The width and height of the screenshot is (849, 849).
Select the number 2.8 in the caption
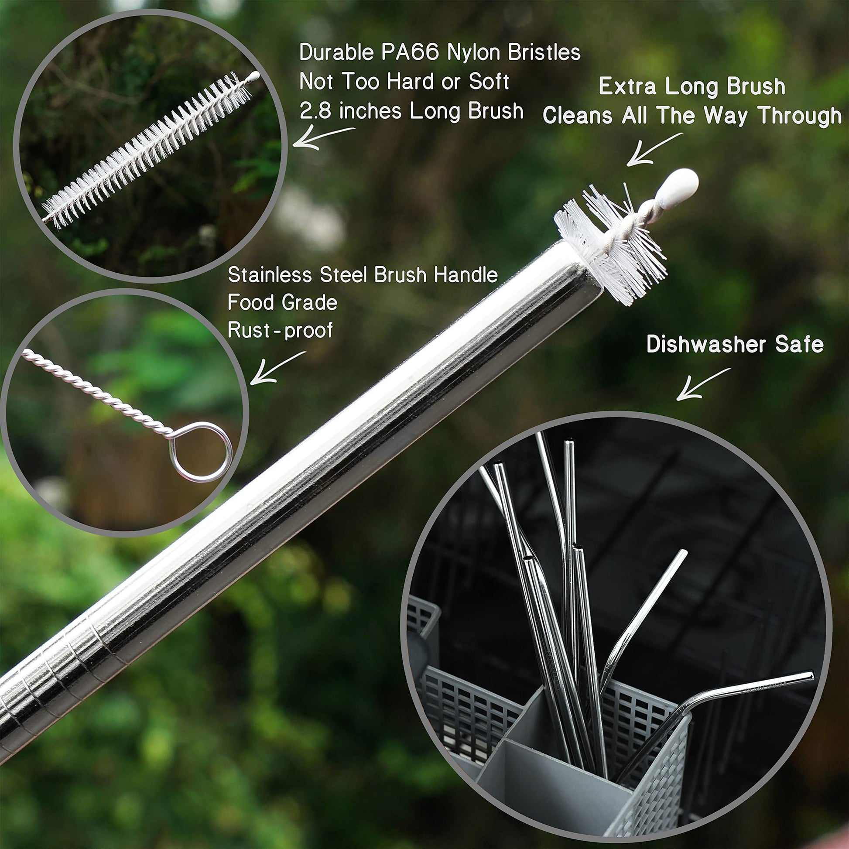[315, 111]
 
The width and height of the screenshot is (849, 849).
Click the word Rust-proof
[280, 330]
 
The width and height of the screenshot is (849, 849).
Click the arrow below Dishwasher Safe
[703, 384]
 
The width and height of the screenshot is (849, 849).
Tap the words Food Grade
[283, 303]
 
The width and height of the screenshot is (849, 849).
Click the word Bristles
[544, 53]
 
